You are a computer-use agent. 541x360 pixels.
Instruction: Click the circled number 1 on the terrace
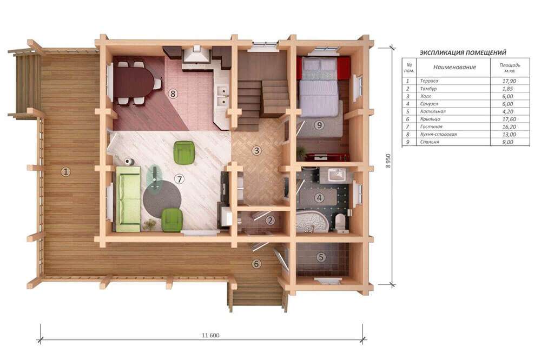[x=65, y=171]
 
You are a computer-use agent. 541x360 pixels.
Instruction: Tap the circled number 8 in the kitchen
[x=173, y=93]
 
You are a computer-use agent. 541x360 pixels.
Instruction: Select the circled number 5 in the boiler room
[x=321, y=257]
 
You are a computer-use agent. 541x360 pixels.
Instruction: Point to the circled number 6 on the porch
[x=256, y=264]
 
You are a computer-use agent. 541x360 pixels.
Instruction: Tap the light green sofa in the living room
[x=128, y=199]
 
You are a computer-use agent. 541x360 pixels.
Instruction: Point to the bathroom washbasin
[x=337, y=175]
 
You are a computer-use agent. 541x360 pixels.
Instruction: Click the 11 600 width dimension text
[x=210, y=335]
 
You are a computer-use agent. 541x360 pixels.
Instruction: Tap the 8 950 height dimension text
[x=388, y=161]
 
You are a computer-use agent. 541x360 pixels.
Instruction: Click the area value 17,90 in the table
[x=509, y=81]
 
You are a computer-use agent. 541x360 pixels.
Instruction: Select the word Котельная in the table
[x=433, y=111]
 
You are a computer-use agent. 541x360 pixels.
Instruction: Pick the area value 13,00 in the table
[x=509, y=135]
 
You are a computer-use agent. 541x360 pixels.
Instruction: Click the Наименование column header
[x=454, y=67]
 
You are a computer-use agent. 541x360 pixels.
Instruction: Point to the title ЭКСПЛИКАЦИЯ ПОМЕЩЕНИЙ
[x=463, y=53]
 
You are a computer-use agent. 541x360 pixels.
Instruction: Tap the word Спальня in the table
[x=430, y=142]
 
